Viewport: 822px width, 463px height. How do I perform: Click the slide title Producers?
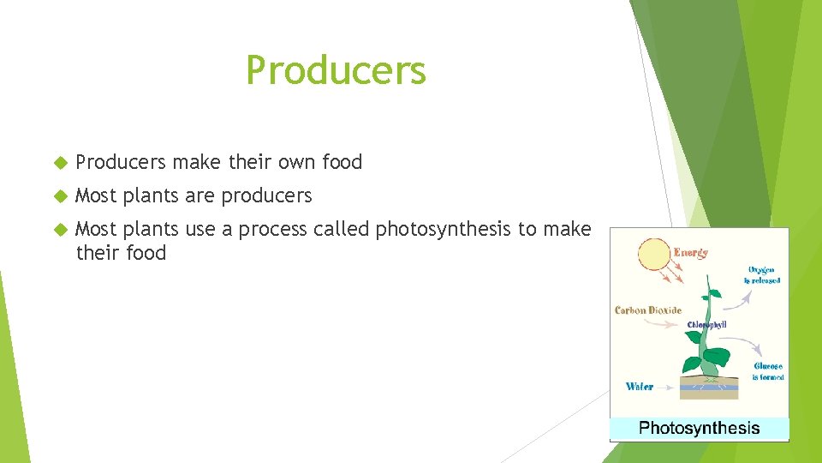tap(336, 70)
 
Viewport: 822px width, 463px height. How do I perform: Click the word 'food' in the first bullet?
tap(342, 162)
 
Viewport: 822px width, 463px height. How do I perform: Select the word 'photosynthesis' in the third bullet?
tap(444, 229)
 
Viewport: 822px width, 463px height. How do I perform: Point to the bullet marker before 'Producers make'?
tap(60, 162)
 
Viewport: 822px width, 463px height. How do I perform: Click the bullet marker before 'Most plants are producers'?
tap(60, 195)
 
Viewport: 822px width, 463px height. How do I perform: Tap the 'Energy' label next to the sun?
tap(691, 253)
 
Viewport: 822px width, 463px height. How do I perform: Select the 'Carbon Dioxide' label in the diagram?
tap(647, 310)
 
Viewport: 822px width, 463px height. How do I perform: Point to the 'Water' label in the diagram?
tap(640, 387)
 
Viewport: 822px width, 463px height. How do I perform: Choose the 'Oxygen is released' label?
tap(761, 274)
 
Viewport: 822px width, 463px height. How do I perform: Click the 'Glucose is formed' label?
tap(767, 371)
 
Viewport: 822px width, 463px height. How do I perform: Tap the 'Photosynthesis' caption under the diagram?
tap(699, 428)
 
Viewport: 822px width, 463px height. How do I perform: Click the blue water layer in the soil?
tap(709, 388)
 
